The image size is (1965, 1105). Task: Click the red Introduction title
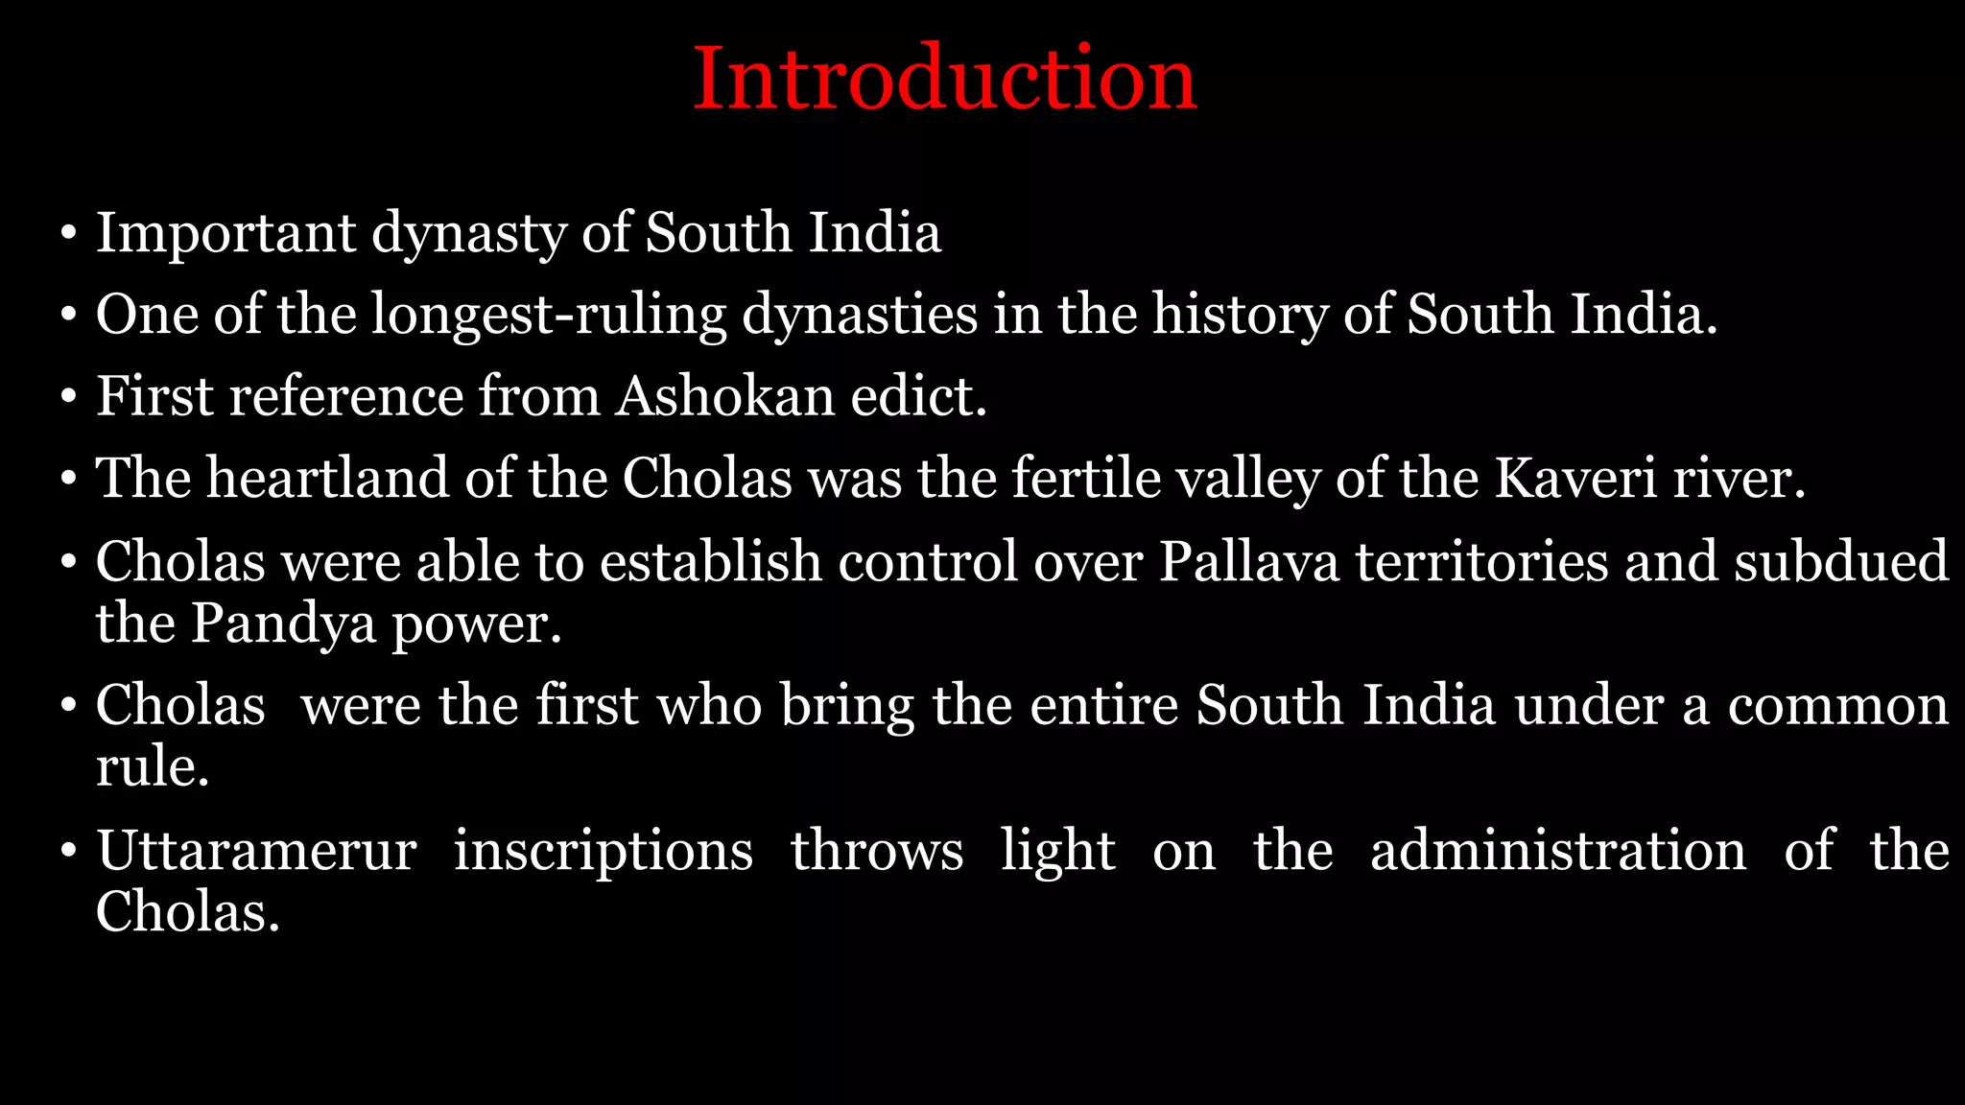coord(944,79)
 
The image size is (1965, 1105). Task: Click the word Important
coord(225,233)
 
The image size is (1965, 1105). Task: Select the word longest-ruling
coord(549,315)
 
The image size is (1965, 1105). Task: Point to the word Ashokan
coord(725,396)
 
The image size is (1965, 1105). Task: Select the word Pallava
coord(1248,561)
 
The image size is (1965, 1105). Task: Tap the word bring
coord(847,706)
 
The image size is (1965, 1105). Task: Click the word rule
coord(152,767)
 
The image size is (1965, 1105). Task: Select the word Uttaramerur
coord(257,851)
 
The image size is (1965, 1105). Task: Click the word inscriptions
coord(604,851)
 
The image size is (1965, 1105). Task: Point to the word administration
coord(1558,851)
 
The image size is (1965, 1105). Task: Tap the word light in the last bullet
coord(1057,851)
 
